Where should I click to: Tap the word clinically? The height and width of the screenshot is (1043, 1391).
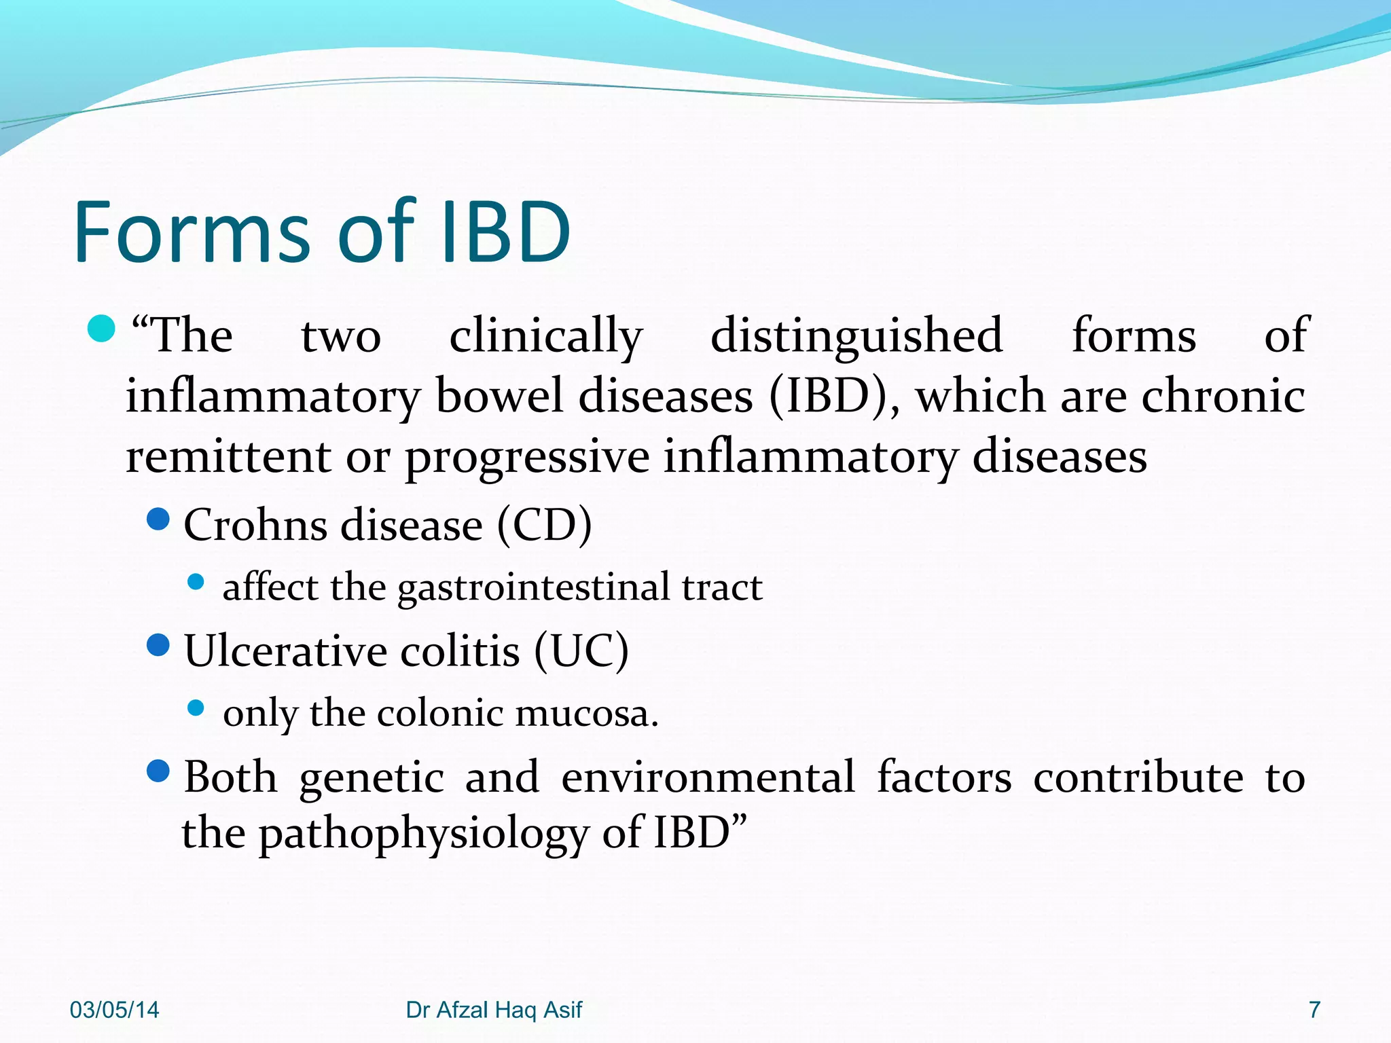pos(545,336)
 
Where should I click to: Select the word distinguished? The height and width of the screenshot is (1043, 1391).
pos(856,335)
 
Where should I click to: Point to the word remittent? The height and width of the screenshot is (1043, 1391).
pos(228,456)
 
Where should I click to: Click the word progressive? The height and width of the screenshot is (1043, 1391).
pos(527,457)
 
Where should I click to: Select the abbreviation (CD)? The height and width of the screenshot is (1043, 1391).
pos(544,525)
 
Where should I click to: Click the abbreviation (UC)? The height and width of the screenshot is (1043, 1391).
pos(581,651)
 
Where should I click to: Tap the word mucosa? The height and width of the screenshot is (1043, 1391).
pos(586,713)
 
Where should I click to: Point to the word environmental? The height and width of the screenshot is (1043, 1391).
pos(708,777)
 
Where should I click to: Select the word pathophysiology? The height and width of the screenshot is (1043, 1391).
pos(424,833)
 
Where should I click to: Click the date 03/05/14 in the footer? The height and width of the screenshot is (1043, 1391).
pos(114,1010)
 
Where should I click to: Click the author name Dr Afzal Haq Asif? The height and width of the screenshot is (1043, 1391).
pos(494,1010)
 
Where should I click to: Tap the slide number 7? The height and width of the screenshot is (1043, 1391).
pos(1314,1010)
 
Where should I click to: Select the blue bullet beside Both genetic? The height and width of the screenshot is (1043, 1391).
pos(158,771)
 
